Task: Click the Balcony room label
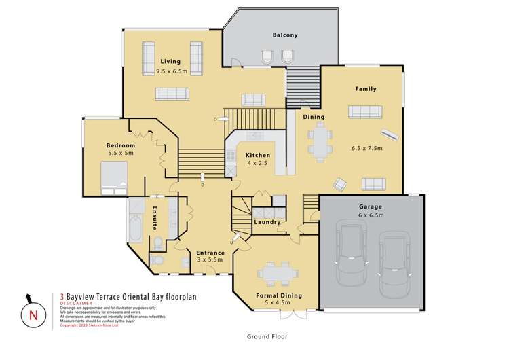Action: pos(285,35)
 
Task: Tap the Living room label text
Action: pos(170,62)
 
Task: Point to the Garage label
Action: pos(371,206)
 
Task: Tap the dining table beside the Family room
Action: pos(320,142)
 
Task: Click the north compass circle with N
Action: pos(32,315)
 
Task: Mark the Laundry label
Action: pos(267,222)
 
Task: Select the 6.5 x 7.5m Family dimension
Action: pos(367,148)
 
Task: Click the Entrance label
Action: pos(210,253)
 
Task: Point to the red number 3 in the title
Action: pos(62,296)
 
